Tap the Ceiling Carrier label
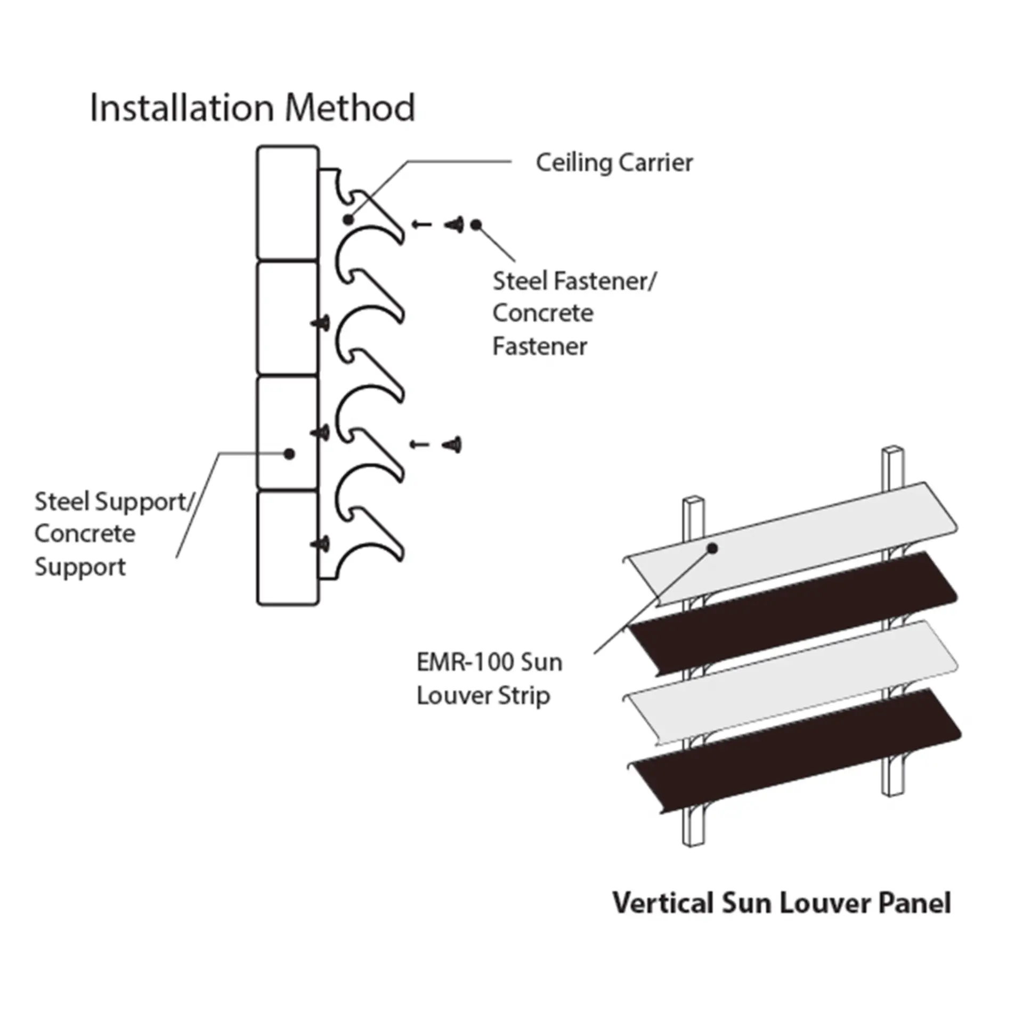click(614, 163)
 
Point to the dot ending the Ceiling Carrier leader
click(348, 219)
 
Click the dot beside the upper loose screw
click(476, 225)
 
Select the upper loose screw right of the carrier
click(454, 224)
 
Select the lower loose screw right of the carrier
click(453, 444)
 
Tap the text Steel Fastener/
click(575, 281)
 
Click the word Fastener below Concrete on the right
click(539, 347)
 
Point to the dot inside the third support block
click(289, 454)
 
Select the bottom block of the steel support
click(288, 548)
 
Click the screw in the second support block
click(321, 322)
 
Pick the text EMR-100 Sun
click(489, 662)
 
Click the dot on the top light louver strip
click(713, 548)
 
